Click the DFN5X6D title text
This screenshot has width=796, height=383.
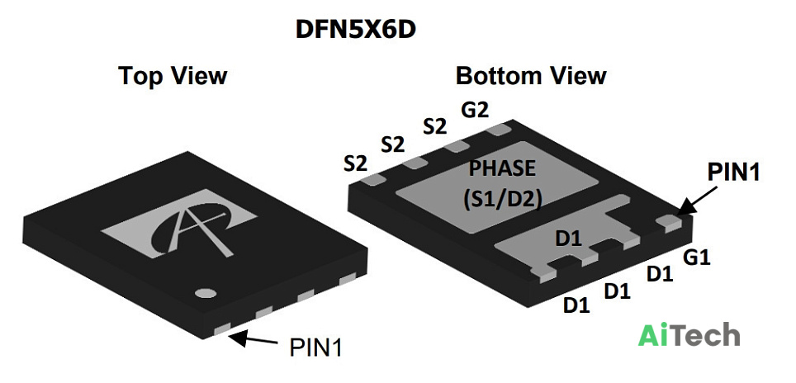(356, 30)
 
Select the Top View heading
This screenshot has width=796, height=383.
(173, 76)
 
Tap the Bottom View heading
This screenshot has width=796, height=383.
(531, 76)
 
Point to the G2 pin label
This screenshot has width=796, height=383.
(474, 110)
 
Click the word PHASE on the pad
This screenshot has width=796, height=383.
(502, 168)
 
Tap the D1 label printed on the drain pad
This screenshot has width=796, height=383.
(568, 239)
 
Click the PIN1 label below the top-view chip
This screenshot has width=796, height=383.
(315, 348)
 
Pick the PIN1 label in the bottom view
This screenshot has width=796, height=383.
(734, 173)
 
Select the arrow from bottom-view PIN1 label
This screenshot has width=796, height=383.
(698, 201)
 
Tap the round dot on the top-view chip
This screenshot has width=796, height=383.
(206, 293)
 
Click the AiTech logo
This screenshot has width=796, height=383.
(689, 335)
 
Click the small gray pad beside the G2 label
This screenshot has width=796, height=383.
(498, 130)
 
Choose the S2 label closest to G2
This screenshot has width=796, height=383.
(435, 127)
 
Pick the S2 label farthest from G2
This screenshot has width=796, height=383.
(355, 163)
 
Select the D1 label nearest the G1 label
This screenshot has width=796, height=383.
(660, 274)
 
